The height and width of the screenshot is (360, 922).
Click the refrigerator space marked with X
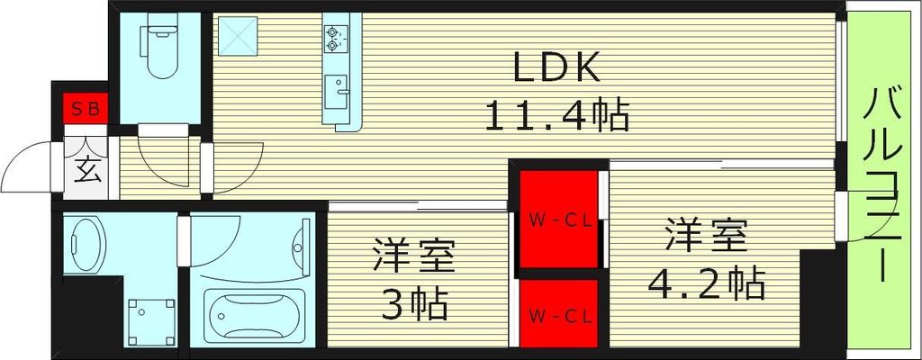tap(237, 37)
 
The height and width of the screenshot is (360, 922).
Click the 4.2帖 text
tap(706, 284)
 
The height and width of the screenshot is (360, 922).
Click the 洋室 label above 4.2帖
tap(706, 236)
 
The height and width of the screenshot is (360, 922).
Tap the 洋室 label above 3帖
tap(413, 257)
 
